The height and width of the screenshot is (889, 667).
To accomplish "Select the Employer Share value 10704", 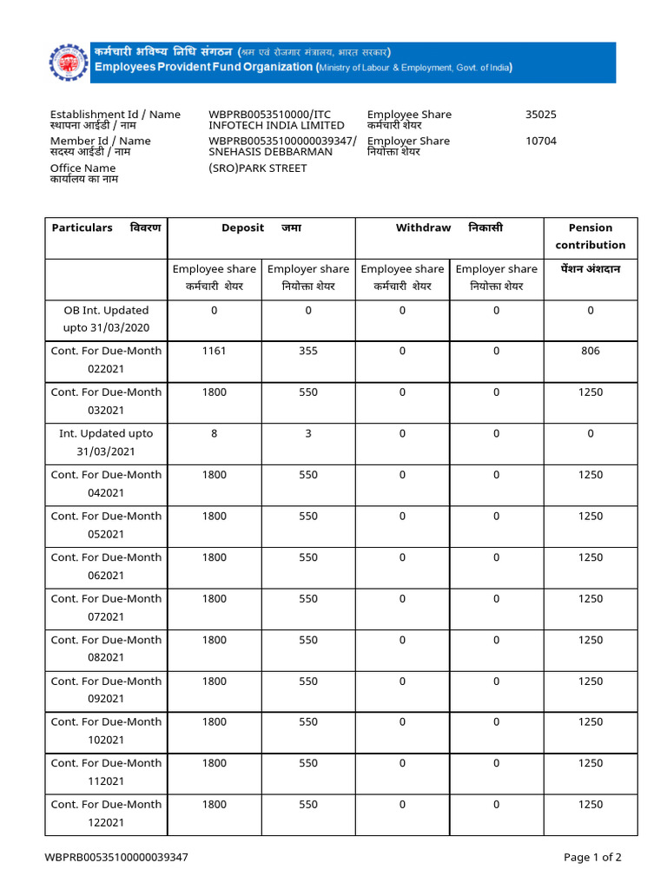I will click(x=541, y=141).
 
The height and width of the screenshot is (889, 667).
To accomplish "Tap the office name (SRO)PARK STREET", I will click(x=257, y=168).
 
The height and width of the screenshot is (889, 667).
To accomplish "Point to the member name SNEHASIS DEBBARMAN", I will click(x=270, y=151).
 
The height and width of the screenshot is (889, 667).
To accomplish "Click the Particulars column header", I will click(x=83, y=227).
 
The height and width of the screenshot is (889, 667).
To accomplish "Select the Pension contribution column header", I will click(x=591, y=236).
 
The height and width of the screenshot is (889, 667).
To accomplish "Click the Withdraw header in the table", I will click(x=423, y=227).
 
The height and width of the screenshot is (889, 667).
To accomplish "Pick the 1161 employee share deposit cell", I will click(x=214, y=351).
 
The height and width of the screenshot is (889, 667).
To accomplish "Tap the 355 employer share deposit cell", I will click(x=308, y=351).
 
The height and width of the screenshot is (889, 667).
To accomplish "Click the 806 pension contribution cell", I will click(x=591, y=351).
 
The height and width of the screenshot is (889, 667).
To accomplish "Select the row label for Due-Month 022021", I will click(x=106, y=359).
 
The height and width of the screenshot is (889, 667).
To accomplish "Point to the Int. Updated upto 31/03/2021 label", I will click(x=106, y=442).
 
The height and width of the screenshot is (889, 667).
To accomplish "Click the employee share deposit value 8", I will click(x=214, y=433).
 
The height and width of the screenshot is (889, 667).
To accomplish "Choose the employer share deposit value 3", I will click(x=308, y=433).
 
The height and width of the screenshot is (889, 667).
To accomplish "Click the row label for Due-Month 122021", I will click(x=106, y=813).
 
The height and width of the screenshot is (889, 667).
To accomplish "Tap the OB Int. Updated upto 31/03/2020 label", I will click(x=106, y=319).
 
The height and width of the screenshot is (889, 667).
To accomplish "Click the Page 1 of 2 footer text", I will click(x=592, y=857).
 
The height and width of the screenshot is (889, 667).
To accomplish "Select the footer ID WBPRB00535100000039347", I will click(x=116, y=857).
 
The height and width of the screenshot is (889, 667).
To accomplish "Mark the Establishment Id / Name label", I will click(x=116, y=115).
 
